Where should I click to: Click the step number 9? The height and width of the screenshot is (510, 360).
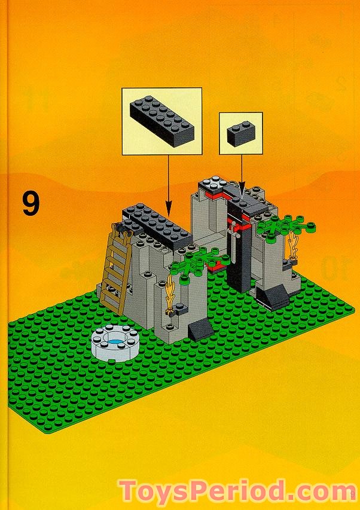(x=30, y=203)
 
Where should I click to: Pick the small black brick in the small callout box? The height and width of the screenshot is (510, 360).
(x=242, y=132)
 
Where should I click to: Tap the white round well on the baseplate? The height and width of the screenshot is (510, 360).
(x=115, y=342)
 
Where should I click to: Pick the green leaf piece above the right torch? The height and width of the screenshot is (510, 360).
(x=286, y=226)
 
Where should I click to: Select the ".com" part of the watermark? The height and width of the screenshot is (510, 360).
(x=318, y=492)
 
